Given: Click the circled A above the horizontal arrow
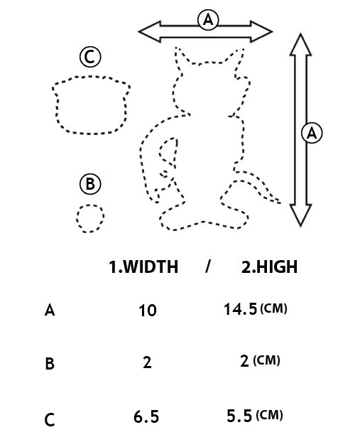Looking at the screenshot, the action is pyautogui.click(x=208, y=20).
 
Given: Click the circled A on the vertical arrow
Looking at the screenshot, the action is pyautogui.click(x=312, y=133).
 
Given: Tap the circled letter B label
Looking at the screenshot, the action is pyautogui.click(x=90, y=184).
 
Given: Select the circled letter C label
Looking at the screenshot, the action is pyautogui.click(x=90, y=57).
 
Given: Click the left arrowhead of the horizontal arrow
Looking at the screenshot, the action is pyautogui.click(x=149, y=32).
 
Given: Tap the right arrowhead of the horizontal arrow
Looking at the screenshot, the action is pyautogui.click(x=261, y=32).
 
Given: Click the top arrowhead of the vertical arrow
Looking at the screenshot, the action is pyautogui.click(x=301, y=44).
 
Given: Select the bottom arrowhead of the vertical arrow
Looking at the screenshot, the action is pyautogui.click(x=301, y=215).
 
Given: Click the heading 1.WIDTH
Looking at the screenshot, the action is pyautogui.click(x=143, y=266).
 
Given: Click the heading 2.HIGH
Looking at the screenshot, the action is pyautogui.click(x=269, y=266).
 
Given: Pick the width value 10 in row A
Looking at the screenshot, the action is pyautogui.click(x=148, y=311).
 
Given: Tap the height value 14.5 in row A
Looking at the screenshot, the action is pyautogui.click(x=241, y=309).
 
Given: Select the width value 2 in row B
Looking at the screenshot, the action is pyautogui.click(x=147, y=362).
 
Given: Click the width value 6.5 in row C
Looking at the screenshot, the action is pyautogui.click(x=146, y=416).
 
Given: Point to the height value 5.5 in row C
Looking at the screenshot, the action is pyautogui.click(x=239, y=416).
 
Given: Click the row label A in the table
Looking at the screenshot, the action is pyautogui.click(x=50, y=310).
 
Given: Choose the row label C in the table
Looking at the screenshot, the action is pyautogui.click(x=50, y=420).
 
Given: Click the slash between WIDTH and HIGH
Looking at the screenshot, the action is pyautogui.click(x=208, y=266).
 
